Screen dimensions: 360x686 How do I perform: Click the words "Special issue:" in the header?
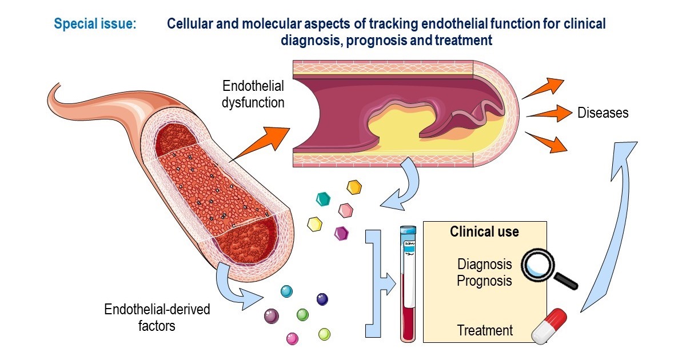(94, 25)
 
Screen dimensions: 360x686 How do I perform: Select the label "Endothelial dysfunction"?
(253, 95)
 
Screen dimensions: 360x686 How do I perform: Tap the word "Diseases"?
(603, 113)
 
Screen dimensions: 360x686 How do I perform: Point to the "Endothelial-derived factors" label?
(157, 318)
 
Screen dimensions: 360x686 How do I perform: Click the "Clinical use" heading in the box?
(484, 231)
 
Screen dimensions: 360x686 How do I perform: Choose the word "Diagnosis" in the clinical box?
(484, 264)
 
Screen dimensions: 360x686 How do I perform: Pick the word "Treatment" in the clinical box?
(485, 330)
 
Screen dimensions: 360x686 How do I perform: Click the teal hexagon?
(324, 198)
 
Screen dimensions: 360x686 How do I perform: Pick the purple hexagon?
(342, 233)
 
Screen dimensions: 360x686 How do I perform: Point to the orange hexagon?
(354, 187)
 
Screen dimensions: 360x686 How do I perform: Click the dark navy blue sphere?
(322, 299)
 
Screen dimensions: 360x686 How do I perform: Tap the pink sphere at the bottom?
(293, 338)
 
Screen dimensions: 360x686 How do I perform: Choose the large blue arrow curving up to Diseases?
(615, 229)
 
